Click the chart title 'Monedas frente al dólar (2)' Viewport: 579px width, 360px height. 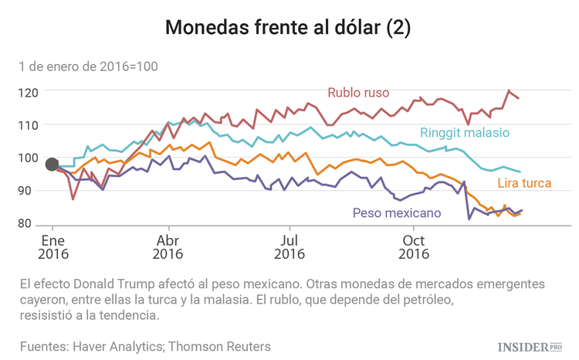[289, 28]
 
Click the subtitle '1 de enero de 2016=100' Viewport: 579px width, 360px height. [89, 66]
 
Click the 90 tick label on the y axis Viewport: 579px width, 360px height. [31, 191]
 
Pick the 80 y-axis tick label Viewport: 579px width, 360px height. [31, 224]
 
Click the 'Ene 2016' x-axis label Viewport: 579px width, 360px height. [52, 246]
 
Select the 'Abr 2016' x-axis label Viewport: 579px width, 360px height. [168, 246]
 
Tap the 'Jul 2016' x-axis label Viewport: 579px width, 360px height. [289, 246]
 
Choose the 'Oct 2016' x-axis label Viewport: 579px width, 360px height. [415, 246]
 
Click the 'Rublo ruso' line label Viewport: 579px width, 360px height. [358, 93]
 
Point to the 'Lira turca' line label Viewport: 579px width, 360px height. [523, 183]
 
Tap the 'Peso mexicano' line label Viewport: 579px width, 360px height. [397, 212]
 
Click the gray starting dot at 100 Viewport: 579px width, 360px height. [52, 164]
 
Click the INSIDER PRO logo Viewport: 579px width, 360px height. [529, 347]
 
